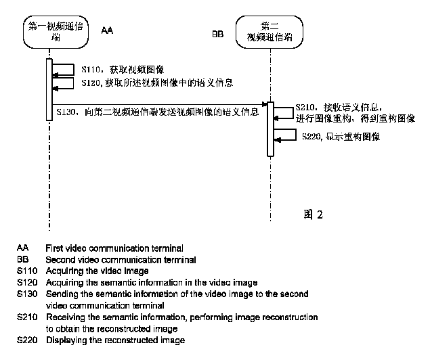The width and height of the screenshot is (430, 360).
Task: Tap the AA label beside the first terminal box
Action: click(x=107, y=30)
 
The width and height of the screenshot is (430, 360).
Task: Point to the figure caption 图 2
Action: click(x=314, y=215)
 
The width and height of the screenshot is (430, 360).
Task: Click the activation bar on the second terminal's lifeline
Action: click(x=270, y=129)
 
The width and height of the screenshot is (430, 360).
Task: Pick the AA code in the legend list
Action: click(x=22, y=248)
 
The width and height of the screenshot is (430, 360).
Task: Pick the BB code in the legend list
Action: click(x=22, y=259)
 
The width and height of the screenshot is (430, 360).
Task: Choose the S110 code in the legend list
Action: click(x=26, y=271)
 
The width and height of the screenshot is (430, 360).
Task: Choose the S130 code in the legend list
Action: click(x=26, y=294)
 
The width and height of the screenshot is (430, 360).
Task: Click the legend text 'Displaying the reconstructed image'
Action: click(x=115, y=340)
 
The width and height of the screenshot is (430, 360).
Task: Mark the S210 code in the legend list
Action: click(x=26, y=317)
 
